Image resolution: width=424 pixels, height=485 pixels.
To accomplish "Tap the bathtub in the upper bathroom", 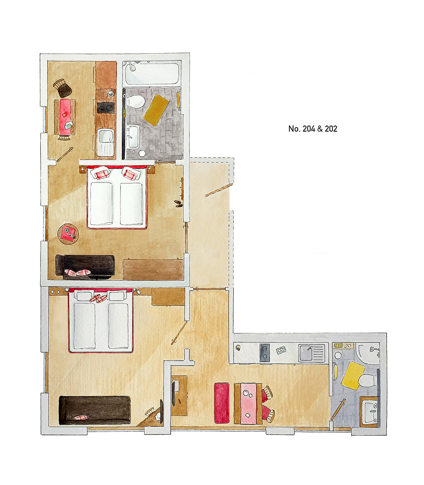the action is [152, 73].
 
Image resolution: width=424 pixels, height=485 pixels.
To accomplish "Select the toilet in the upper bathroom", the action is [136, 102].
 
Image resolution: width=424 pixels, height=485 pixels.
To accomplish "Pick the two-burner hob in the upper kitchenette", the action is [106, 108].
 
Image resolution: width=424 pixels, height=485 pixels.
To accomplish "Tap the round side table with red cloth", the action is [68, 233].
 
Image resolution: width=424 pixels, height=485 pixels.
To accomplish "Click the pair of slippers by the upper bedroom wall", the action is [179, 203].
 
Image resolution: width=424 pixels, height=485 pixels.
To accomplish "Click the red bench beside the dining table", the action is [222, 403].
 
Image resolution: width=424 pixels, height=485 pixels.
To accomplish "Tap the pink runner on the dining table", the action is [248, 403].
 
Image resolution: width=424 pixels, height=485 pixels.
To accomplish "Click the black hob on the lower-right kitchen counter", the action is [265, 353].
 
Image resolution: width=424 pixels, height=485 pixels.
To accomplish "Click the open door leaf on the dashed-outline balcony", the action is [219, 190].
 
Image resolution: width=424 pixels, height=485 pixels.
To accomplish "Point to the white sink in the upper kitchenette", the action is [105, 142].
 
